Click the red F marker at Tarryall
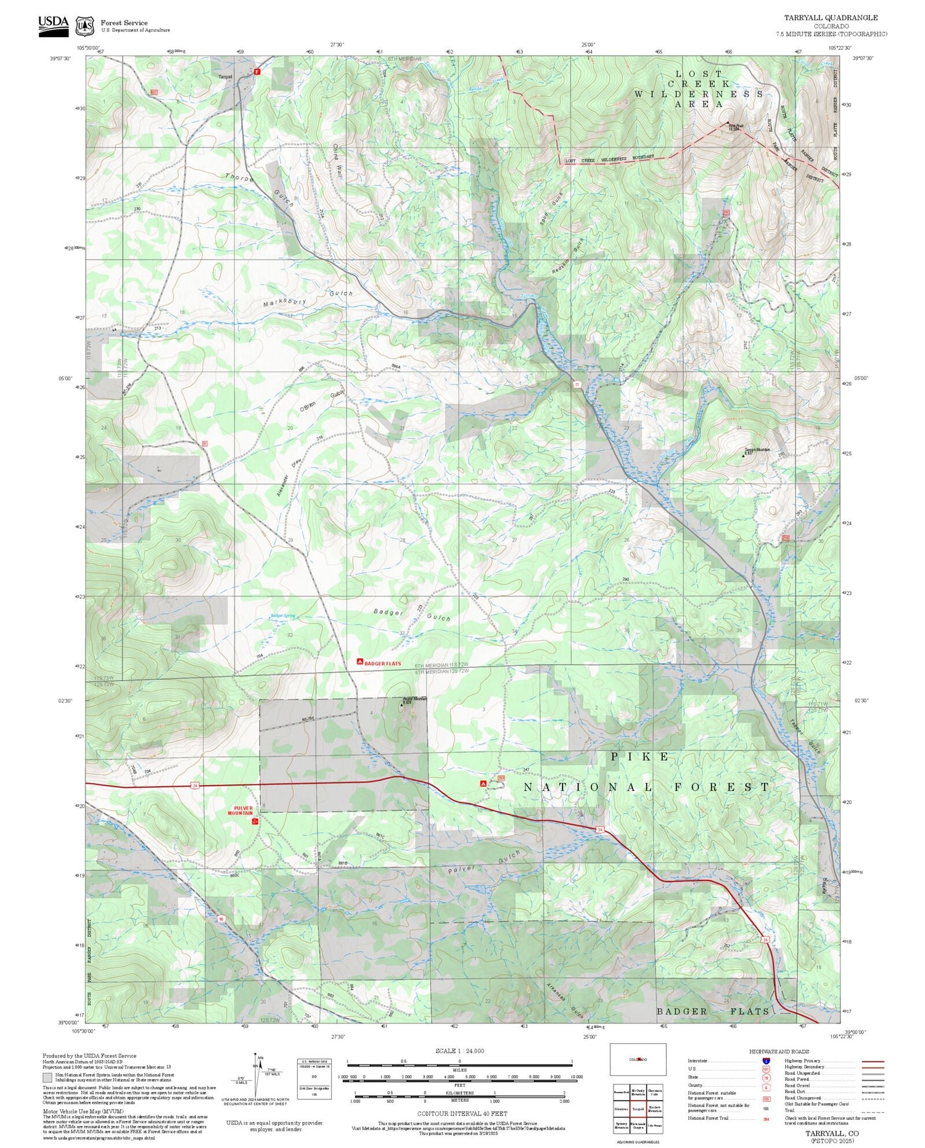pyautogui.click(x=257, y=71)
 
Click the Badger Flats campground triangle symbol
pyautogui.click(x=360, y=662)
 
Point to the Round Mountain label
pyautogui.click(x=414, y=699)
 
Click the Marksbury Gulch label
pyautogui.click(x=307, y=299)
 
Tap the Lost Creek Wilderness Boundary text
pyautogui.click(x=609, y=159)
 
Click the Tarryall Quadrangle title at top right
pyautogui.click(x=831, y=18)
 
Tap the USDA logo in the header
pyautogui.click(x=54, y=25)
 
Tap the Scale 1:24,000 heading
pyautogui.click(x=459, y=1051)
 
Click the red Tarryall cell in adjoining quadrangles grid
pyautogui.click(x=638, y=1108)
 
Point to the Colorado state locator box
pyautogui.click(x=638, y=1059)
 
